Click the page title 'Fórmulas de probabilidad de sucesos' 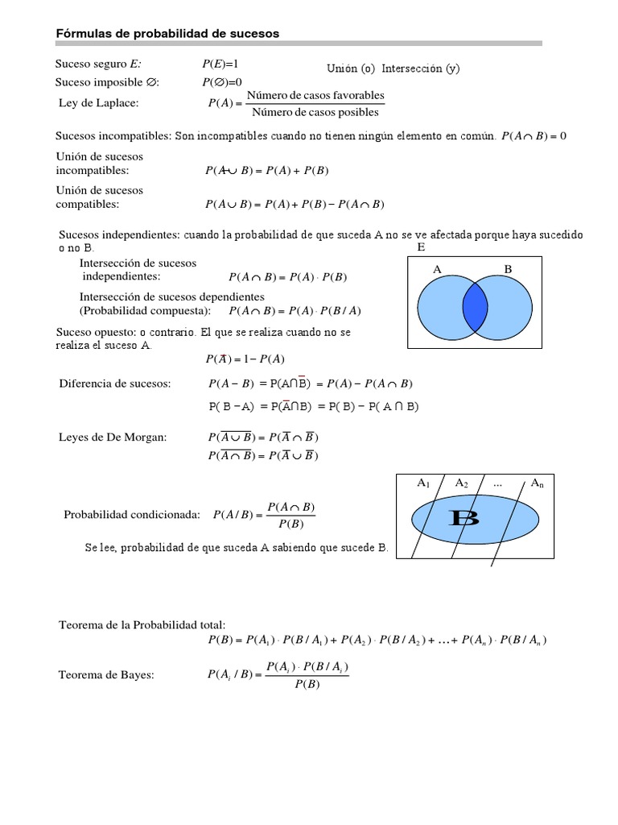click(x=167, y=33)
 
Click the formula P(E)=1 click(x=220, y=64)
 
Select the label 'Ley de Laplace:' click(x=98, y=103)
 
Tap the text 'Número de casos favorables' click(x=315, y=95)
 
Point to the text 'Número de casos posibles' click(x=315, y=112)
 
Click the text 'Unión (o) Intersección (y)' click(x=393, y=68)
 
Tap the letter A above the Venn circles click(x=438, y=269)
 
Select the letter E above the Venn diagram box click(x=420, y=247)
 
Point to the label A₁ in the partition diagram click(x=423, y=483)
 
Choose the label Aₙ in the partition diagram click(x=537, y=483)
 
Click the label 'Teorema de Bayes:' click(x=106, y=675)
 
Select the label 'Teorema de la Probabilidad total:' click(x=142, y=624)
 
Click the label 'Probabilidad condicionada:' click(x=131, y=515)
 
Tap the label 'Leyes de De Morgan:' click(x=113, y=437)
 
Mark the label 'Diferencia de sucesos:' click(x=115, y=383)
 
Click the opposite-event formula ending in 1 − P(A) click(x=246, y=359)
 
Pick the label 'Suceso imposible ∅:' click(x=107, y=82)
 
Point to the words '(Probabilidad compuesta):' click(x=145, y=311)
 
